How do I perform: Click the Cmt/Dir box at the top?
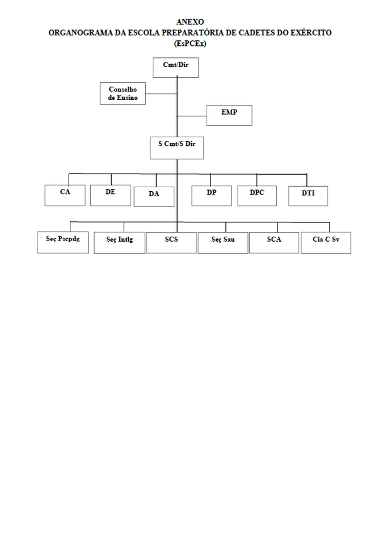(176, 68)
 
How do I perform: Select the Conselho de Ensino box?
(123, 94)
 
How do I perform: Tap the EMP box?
(229, 115)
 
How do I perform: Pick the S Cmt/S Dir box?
(176, 148)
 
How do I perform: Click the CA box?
(65, 195)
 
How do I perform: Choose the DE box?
(111, 195)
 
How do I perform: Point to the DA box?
(154, 197)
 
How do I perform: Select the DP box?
(212, 196)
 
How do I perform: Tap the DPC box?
(257, 196)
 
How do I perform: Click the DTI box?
(308, 196)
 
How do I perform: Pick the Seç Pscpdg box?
(62, 242)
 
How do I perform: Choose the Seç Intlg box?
(119, 243)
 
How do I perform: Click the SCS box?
(171, 243)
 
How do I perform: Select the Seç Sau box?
(223, 243)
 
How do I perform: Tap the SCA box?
(273, 243)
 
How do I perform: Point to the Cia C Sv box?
(326, 243)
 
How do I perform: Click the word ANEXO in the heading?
(190, 22)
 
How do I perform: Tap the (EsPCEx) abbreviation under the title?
(190, 44)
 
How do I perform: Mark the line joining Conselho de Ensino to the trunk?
(161, 94)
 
